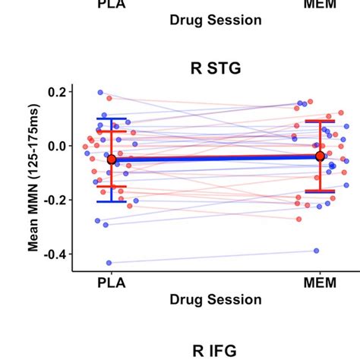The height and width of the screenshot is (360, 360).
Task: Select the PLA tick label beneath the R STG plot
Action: pyautogui.click(x=112, y=283)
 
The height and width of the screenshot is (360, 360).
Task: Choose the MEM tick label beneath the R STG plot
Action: pyautogui.click(x=319, y=283)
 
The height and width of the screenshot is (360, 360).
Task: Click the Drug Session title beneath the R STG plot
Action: pyautogui.click(x=215, y=299)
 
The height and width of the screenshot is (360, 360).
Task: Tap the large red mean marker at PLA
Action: pyautogui.click(x=112, y=159)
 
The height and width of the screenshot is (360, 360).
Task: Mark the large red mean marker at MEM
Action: pyautogui.click(x=320, y=156)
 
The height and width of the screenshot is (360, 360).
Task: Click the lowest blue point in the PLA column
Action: pyautogui.click(x=109, y=263)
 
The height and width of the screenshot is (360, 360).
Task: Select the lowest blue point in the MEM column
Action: pyautogui.click(x=316, y=251)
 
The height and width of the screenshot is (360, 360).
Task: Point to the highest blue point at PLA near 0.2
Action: pyautogui.click(x=100, y=93)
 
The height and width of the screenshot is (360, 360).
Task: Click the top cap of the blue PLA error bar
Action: pyautogui.click(x=112, y=118)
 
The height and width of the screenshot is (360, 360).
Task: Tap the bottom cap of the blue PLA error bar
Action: pyautogui.click(x=112, y=201)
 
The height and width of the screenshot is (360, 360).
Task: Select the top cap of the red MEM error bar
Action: pyautogui.click(x=320, y=121)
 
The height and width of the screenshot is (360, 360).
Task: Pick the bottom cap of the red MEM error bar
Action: pyautogui.click(x=320, y=191)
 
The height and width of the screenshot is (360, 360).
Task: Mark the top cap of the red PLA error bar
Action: pyautogui.click(x=112, y=132)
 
